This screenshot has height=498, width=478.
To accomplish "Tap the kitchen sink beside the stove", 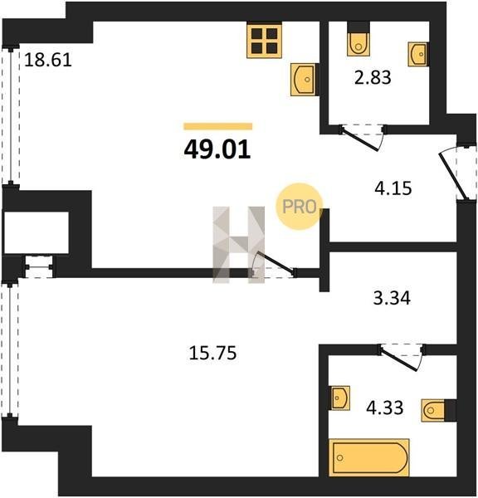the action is [303, 80].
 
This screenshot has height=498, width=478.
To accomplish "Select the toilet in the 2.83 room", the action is [358, 39].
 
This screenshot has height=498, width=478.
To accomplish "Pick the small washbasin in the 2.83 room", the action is [417, 54].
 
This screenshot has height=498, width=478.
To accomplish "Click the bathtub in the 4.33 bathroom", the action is [369, 457].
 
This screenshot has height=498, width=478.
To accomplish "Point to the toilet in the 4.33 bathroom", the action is [439, 410].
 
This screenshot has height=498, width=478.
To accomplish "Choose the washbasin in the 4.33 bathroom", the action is [340, 398].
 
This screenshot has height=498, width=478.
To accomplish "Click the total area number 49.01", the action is [217, 149].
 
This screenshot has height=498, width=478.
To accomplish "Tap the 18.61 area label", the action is [48, 60].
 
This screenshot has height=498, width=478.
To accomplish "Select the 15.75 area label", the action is [212, 353].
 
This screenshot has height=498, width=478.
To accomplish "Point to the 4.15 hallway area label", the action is [393, 188].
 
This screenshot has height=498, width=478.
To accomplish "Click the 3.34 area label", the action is [392, 298].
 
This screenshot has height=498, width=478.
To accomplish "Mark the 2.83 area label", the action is [373, 77].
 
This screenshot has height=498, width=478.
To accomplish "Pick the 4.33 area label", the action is [385, 408].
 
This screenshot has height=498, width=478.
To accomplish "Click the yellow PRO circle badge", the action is [300, 207].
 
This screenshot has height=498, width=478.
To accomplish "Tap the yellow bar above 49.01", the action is [218, 126].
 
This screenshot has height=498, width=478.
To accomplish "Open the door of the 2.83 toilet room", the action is [363, 138].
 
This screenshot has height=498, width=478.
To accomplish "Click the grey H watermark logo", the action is [238, 245].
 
